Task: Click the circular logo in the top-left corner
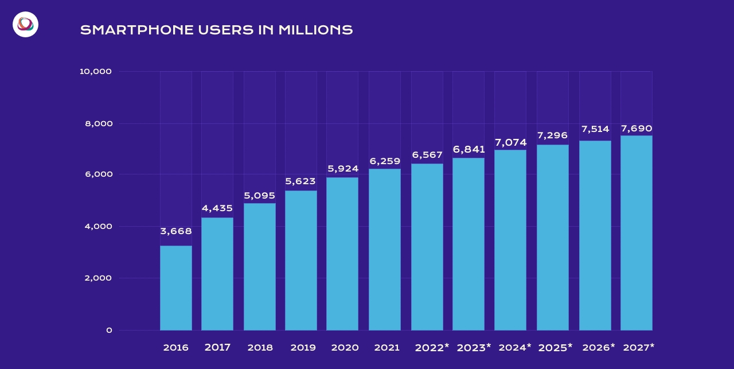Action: click(25, 24)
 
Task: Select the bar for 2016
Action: click(175, 288)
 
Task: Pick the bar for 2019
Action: click(300, 261)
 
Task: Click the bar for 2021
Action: click(384, 250)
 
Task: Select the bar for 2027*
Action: click(636, 233)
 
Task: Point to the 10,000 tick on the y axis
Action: click(95, 72)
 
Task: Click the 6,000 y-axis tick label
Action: click(98, 174)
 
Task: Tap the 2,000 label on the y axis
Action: click(98, 278)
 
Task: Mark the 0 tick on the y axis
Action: click(109, 331)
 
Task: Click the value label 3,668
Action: click(175, 231)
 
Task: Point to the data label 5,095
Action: click(259, 196)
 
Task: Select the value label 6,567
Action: click(427, 155)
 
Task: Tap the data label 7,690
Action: click(636, 128)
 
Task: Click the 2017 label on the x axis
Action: click(217, 347)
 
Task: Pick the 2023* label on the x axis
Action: click(474, 347)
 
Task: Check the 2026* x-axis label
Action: click(598, 347)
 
